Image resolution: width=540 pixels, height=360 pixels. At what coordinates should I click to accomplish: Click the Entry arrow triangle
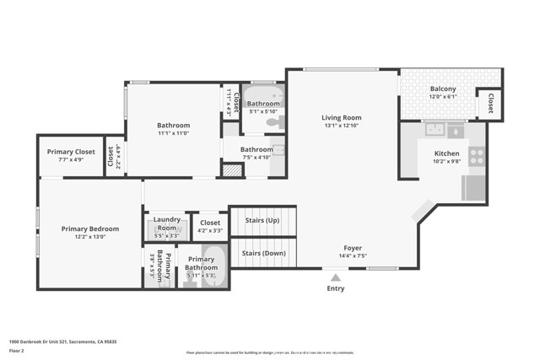coord(335,277)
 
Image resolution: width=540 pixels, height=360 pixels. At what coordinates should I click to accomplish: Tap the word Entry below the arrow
coord(335,288)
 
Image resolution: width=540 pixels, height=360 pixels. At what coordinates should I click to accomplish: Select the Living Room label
coord(341,117)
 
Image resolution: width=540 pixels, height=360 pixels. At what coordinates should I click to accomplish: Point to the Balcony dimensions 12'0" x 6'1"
coord(443,98)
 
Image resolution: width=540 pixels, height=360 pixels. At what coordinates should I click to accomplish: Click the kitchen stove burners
coord(477,156)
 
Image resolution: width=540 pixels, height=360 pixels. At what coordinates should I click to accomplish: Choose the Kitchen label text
coord(447,153)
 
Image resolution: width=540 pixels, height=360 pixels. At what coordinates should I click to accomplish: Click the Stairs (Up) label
coord(262,220)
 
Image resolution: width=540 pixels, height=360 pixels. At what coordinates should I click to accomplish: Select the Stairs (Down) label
coord(263,253)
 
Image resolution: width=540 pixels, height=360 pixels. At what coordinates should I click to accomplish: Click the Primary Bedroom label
coord(89,228)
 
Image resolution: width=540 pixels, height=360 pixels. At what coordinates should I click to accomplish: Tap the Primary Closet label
coord(71,152)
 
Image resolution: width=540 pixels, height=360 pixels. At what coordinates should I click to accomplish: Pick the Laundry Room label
coord(167,223)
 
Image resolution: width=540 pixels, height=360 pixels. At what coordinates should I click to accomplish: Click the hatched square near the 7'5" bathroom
coord(232,169)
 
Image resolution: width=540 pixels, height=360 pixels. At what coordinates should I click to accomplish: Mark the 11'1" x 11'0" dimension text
coord(173,133)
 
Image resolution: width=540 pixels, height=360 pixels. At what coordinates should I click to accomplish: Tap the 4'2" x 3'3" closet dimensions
coord(210,230)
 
